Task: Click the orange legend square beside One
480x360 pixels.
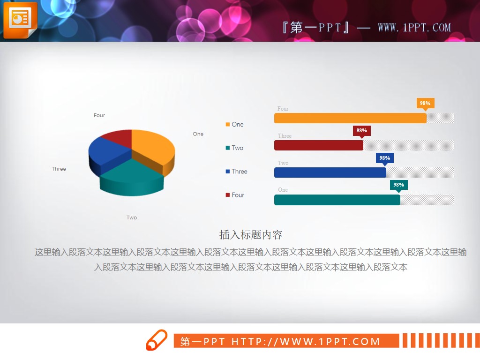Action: [x=228, y=125]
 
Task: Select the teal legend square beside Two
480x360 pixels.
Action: [x=228, y=148]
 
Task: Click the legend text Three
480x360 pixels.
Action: [x=239, y=172]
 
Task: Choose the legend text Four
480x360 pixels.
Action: [x=238, y=195]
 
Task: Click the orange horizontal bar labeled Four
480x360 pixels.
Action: [x=350, y=118]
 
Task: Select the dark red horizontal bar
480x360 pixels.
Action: [x=319, y=145]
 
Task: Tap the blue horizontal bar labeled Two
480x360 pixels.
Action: [x=330, y=172]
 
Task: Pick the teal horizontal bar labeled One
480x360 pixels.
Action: [x=337, y=200]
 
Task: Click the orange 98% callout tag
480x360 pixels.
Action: [x=425, y=104]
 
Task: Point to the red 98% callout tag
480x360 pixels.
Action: [x=361, y=131]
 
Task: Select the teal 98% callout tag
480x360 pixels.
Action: [x=398, y=185]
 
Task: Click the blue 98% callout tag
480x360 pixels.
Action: [x=384, y=158]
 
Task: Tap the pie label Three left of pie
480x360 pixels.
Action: [x=59, y=169]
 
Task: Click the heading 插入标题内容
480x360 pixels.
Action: [x=251, y=234]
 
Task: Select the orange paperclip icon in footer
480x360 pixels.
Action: [x=157, y=340]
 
